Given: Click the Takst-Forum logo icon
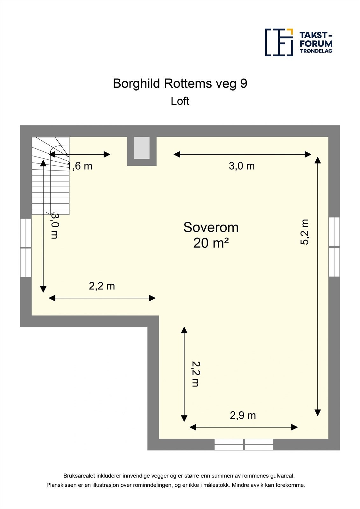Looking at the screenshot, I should point(279,42).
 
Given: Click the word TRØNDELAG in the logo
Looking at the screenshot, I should point(316,51).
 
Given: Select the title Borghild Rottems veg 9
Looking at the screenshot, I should point(180,83).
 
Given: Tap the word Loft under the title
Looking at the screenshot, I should point(180,101).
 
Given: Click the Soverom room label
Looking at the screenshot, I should point(211,227).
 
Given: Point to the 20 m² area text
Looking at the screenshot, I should point(211,243).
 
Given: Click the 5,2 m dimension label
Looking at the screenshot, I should point(305,232).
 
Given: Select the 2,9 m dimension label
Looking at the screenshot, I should point(243,415).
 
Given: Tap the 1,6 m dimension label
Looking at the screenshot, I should point(80,166).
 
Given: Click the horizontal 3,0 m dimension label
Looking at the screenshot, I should point(242,166).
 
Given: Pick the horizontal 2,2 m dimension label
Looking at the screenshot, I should point(102,286).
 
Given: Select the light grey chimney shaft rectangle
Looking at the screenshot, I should point(142,148).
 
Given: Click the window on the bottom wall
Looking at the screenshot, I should point(244,444).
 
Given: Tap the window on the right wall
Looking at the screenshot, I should point(334,247).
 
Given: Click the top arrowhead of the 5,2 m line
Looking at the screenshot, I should point(317,160).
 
